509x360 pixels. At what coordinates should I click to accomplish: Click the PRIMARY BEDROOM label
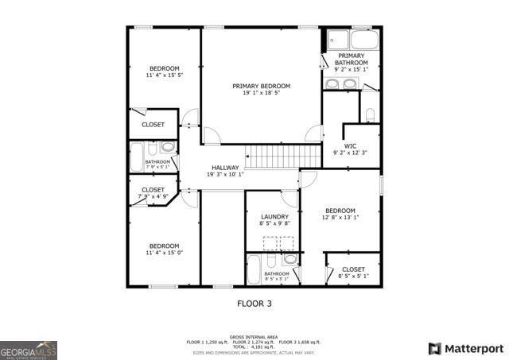(x=261, y=86)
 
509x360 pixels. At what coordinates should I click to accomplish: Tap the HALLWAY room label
(x=225, y=168)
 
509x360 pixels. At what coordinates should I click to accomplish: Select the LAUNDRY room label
(x=275, y=217)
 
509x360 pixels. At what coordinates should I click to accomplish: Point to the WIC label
(x=350, y=145)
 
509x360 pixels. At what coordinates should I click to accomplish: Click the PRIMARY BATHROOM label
(x=351, y=59)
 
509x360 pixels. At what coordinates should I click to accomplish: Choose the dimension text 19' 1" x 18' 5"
(x=261, y=93)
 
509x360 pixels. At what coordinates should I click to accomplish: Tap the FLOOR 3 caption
(x=255, y=303)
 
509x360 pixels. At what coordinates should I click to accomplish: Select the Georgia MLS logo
(x=29, y=350)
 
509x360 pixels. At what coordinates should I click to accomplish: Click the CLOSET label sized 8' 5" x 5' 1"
(x=352, y=269)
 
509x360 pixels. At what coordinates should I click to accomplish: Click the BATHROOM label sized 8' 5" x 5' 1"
(x=277, y=274)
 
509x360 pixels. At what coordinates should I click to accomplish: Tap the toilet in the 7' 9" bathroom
(x=168, y=148)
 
